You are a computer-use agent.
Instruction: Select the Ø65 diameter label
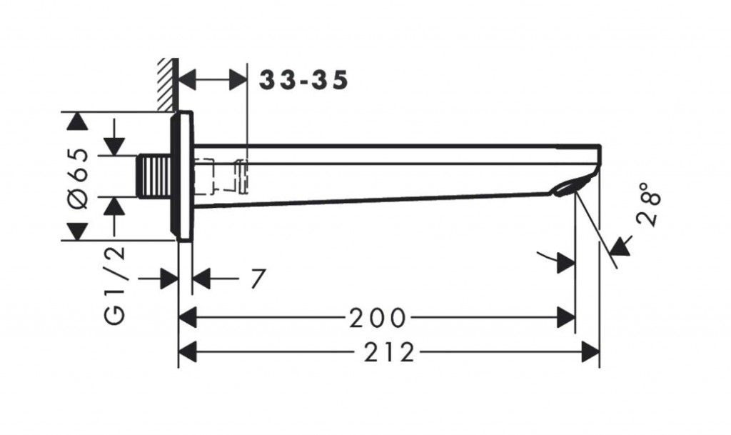79,179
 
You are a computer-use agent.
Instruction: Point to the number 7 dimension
257,279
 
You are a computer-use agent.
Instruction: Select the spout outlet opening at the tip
568,187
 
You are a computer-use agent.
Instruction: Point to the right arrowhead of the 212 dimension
590,351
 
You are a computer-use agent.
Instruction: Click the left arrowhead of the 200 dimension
187,316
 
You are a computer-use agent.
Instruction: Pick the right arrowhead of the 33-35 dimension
238,81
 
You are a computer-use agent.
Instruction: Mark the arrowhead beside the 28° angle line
622,246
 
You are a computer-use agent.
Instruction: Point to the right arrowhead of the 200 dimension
566,316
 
